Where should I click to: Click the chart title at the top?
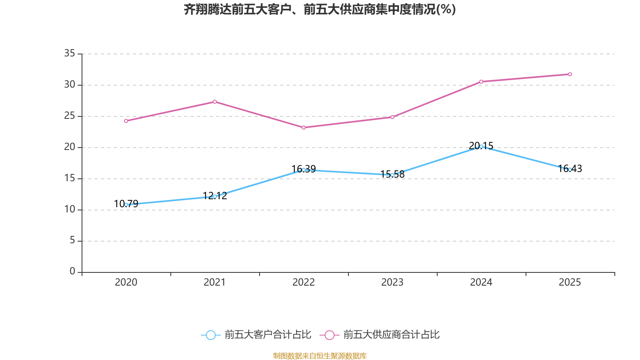pos(320,9)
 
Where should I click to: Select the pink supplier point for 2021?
pos(215,102)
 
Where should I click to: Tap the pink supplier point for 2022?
pos(304,128)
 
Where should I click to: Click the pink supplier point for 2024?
pos(481,82)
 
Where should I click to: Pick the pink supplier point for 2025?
pos(570,74)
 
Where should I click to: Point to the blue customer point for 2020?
pos(126,204)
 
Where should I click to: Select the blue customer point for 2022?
pos(304,170)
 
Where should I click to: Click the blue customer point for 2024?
pos(481,146)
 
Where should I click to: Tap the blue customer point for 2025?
pos(570,170)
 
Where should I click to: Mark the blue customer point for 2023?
pos(392,175)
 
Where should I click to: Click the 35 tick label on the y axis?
pos(70,53)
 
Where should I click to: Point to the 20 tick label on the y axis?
pos(70,147)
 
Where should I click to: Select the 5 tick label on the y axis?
pos(72,240)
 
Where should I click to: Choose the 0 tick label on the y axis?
pos(72,272)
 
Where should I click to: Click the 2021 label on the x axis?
pos(215,282)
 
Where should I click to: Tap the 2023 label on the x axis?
pos(392,282)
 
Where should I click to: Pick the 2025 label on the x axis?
pos(570,282)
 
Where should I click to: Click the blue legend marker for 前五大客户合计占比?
pos(210,335)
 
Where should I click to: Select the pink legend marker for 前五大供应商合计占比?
pos(329,335)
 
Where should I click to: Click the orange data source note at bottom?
pos(320,356)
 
